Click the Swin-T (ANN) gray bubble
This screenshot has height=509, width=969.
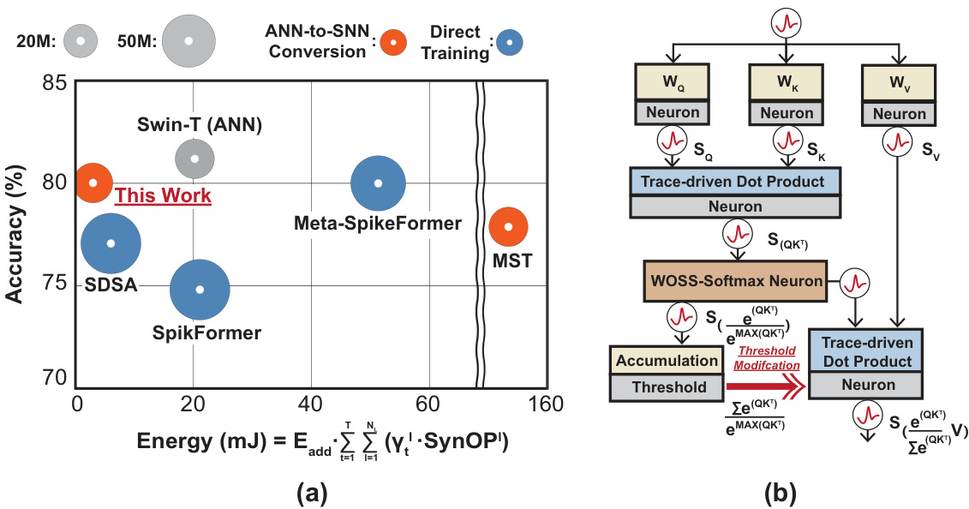click(194, 159)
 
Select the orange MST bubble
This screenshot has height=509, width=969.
click(508, 227)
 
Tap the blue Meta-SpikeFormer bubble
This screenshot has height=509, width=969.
click(378, 183)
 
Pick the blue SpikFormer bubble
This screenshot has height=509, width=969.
click(200, 290)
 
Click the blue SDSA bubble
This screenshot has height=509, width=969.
click(111, 243)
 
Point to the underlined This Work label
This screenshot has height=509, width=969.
click(163, 196)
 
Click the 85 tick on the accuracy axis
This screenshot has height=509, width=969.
click(54, 83)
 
